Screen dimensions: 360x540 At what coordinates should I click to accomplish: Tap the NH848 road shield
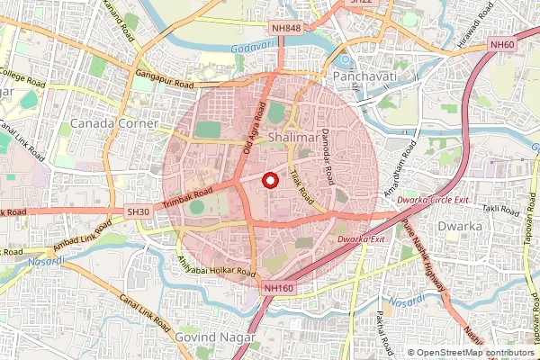pyautogui.click(x=286, y=29)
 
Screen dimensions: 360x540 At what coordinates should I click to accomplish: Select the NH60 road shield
pyautogui.click(x=501, y=44)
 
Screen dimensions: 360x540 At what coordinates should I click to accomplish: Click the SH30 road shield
pyautogui.click(x=138, y=211)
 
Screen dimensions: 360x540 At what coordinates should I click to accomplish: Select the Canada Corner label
pyautogui.click(x=114, y=122)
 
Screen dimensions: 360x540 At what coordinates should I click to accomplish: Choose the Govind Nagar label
pyautogui.click(x=217, y=337)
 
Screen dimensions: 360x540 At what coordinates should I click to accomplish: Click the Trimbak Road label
pyautogui.click(x=190, y=199)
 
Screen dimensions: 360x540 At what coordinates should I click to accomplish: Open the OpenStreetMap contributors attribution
pyautogui.click(x=471, y=353)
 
